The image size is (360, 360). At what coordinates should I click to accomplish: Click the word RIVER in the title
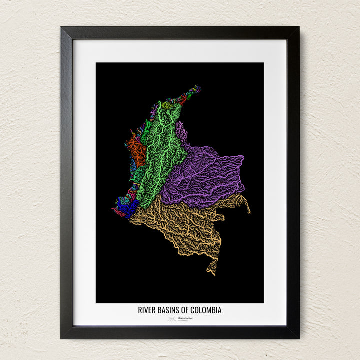(147, 310)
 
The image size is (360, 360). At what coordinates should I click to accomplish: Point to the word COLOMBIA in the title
(207, 310)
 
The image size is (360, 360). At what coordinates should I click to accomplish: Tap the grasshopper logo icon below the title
(172, 318)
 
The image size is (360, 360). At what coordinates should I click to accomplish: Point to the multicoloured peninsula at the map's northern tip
(192, 92)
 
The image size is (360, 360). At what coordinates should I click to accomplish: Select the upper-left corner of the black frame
(62, 28)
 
